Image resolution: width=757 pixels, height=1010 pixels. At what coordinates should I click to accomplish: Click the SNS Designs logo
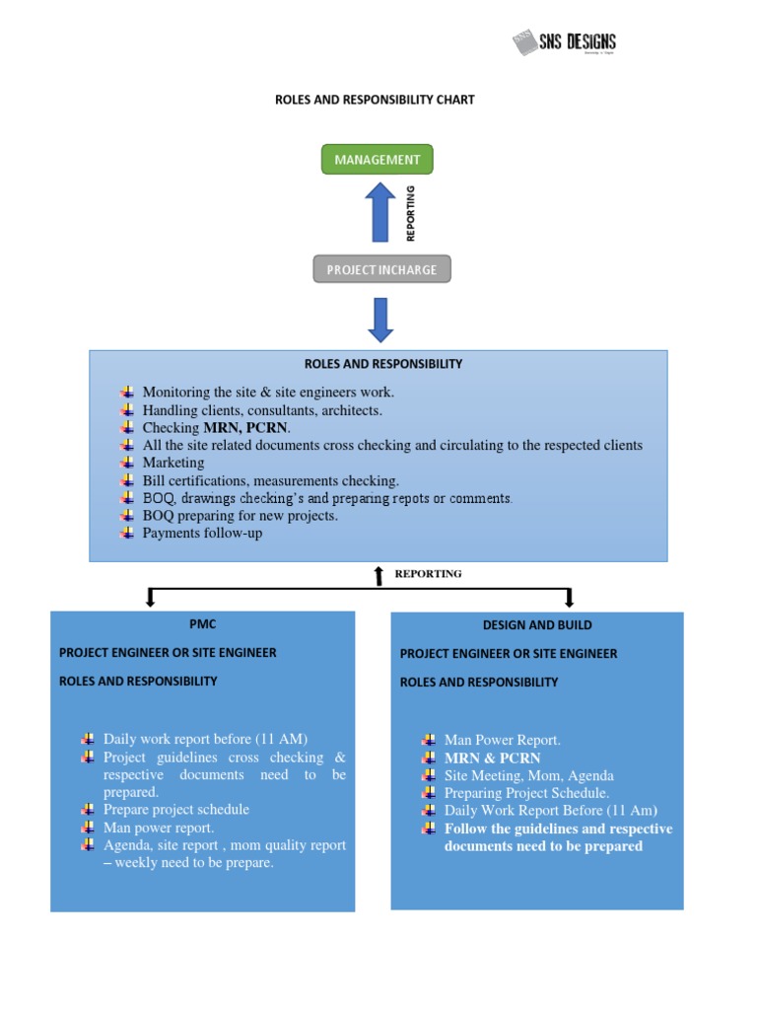[x=564, y=42]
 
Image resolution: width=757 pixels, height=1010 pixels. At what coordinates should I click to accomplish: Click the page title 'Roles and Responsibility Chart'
[x=374, y=100]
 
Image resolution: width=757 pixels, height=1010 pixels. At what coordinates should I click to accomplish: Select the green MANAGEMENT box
[x=377, y=159]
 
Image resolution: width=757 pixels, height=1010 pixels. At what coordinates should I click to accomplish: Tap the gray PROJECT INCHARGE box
[x=381, y=269]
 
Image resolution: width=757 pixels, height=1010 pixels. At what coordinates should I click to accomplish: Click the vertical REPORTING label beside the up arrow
[x=411, y=213]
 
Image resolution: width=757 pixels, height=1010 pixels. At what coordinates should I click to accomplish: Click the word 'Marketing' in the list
[x=173, y=463]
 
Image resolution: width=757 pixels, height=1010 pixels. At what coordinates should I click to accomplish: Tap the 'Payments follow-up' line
[x=202, y=534]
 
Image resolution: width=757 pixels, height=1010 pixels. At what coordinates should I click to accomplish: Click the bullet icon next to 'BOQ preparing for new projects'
[x=126, y=516]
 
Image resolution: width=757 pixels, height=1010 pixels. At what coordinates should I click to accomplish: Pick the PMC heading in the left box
[x=202, y=624]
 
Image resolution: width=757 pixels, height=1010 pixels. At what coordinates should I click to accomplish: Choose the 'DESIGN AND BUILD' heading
[x=537, y=625]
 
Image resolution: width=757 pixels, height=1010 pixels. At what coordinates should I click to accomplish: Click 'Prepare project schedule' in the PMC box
[x=176, y=810]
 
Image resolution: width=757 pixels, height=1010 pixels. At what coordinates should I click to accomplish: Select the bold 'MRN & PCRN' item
[x=492, y=758]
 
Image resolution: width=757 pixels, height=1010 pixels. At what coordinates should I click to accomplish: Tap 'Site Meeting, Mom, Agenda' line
[x=528, y=776]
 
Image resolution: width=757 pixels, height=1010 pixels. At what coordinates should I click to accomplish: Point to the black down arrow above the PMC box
[x=151, y=598]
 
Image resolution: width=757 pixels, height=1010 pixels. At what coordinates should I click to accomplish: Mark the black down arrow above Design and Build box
[x=569, y=598]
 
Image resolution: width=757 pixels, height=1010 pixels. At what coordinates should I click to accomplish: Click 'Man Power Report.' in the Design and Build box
[x=502, y=741]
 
